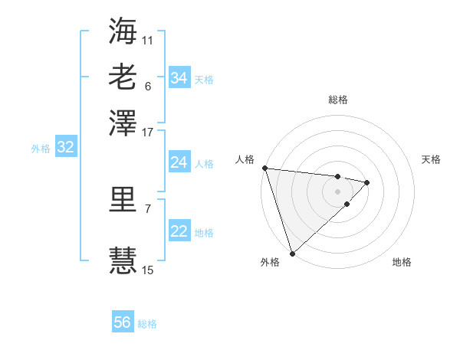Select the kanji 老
(x=123, y=77)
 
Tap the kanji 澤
(x=123, y=123)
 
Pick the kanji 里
(x=123, y=200)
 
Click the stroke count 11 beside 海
(x=148, y=40)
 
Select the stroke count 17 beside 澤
(x=148, y=132)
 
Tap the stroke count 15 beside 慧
(x=148, y=270)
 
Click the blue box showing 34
(x=179, y=78)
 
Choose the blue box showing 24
(x=179, y=162)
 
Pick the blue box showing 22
(x=179, y=232)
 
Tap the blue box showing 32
(x=65, y=148)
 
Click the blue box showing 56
(x=122, y=322)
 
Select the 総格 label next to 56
(x=147, y=324)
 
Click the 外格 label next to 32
(x=40, y=149)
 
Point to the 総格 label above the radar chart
(x=337, y=100)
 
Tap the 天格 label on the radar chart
(x=431, y=159)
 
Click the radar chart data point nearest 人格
(x=264, y=168)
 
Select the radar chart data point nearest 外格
(x=292, y=253)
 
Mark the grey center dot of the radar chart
(x=337, y=190)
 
